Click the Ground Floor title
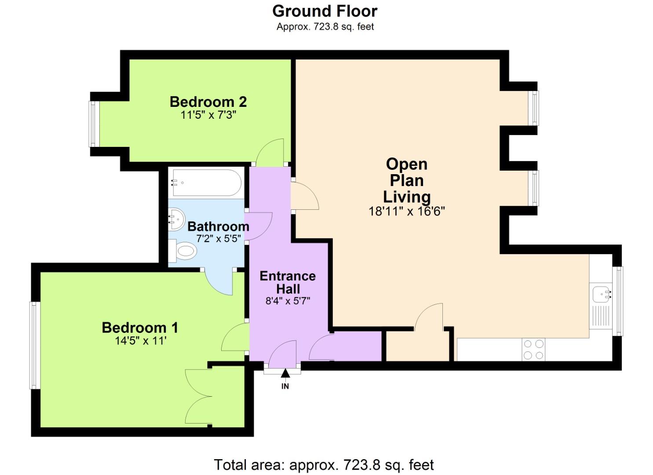tap(325, 11)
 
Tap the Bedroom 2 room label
tap(208, 102)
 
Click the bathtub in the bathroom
tap(206, 183)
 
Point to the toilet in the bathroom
tap(184, 251)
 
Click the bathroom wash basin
tap(175, 219)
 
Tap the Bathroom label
tap(218, 227)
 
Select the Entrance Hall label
tap(288, 282)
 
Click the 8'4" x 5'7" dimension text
tap(288, 301)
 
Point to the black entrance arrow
tap(285, 373)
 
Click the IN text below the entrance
tap(285, 386)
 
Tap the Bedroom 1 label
tap(140, 328)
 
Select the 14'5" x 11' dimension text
tap(140, 341)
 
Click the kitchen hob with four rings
tap(533, 350)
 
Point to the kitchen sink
tap(601, 294)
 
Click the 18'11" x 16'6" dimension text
tap(406, 212)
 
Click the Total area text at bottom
tap(324, 465)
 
